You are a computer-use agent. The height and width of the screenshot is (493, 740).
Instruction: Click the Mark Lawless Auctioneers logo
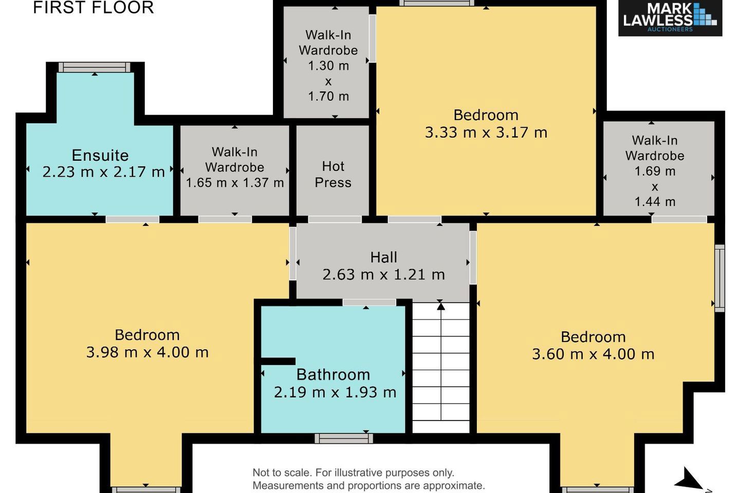click(x=670, y=18)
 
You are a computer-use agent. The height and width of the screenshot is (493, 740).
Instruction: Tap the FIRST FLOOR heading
click(x=94, y=8)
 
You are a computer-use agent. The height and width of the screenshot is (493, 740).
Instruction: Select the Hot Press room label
click(x=333, y=175)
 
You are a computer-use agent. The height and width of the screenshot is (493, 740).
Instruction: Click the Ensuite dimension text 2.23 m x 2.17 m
click(x=103, y=172)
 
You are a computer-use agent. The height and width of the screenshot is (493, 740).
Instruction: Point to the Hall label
click(x=383, y=257)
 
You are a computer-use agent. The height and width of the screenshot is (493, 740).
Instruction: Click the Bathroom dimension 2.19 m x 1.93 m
click(x=335, y=392)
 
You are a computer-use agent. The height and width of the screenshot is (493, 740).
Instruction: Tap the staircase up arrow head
click(x=441, y=307)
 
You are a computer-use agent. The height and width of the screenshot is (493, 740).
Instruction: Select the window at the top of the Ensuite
click(x=95, y=67)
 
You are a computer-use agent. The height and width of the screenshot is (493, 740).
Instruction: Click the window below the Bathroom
click(x=344, y=438)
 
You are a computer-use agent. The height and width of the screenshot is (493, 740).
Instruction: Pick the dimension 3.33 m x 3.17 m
click(x=486, y=132)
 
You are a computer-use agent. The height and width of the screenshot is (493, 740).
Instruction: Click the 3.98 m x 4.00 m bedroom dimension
click(x=147, y=352)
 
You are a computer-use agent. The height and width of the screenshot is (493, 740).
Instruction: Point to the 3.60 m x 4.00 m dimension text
click(x=593, y=354)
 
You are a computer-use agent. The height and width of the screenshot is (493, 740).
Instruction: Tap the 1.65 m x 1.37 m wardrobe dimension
click(x=235, y=183)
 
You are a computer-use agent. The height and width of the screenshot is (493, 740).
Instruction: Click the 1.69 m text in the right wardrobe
click(x=655, y=171)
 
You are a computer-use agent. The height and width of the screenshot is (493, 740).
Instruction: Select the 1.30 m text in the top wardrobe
click(x=328, y=66)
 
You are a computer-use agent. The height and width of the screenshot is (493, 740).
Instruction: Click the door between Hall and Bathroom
click(x=369, y=302)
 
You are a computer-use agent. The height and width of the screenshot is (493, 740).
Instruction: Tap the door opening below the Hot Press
click(x=335, y=219)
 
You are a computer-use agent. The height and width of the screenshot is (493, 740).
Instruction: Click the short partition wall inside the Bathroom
click(x=278, y=361)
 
